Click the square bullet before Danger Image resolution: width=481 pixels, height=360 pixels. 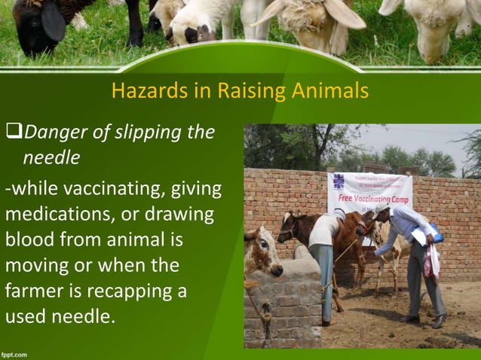coord(14,134)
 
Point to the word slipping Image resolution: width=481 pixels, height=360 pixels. coord(149,133)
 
